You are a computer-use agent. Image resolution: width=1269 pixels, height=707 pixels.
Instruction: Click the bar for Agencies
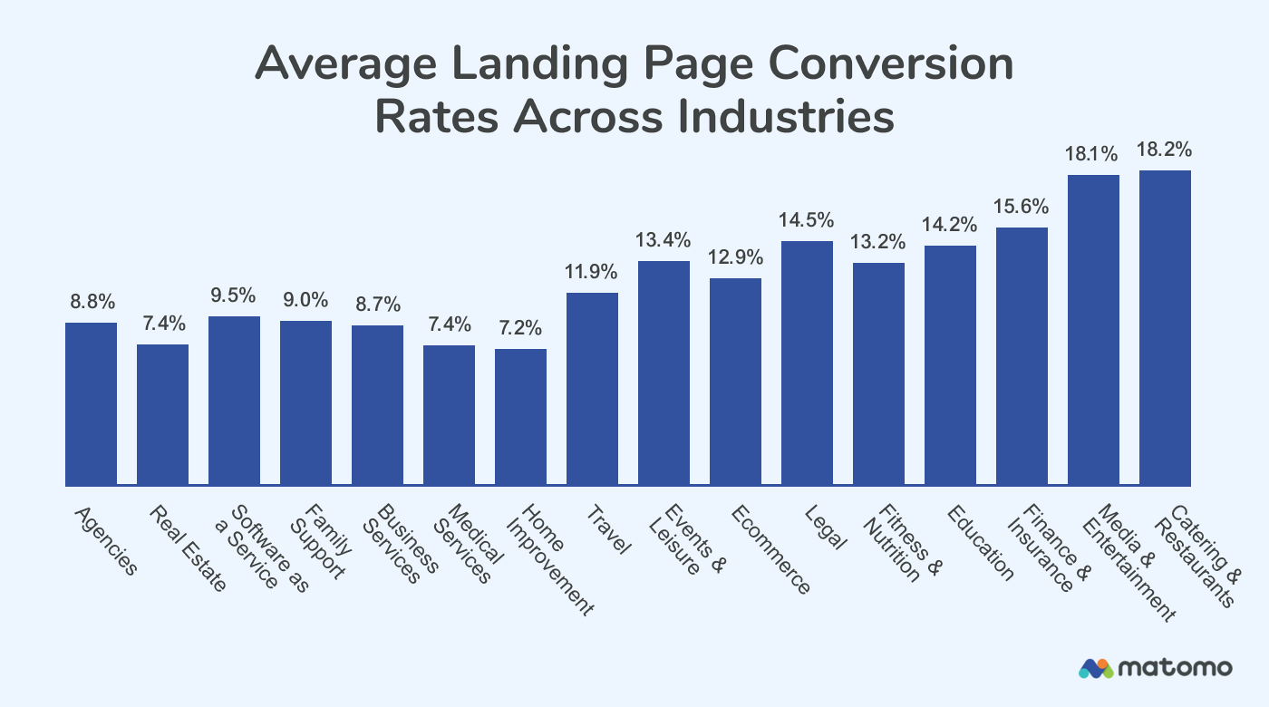(91, 403)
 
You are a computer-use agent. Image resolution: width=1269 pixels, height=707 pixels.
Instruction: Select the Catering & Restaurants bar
(1165, 327)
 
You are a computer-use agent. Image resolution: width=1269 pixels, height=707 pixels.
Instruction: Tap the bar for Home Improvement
(520, 417)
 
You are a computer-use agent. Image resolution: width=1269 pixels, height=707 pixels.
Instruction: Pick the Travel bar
(592, 389)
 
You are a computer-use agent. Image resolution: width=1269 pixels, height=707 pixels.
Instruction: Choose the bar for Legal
(807, 363)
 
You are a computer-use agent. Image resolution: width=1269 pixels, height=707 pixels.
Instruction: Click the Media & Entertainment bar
(1093, 330)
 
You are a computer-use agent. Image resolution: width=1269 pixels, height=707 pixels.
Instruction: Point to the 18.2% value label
(1165, 150)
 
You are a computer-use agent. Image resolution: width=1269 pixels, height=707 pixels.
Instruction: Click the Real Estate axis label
(186, 549)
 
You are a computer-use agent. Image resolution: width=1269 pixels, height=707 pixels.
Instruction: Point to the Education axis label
(979, 542)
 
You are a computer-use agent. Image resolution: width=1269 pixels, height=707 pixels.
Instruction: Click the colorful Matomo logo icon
(1095, 668)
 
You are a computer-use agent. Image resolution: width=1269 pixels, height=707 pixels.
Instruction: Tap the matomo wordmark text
(1175, 668)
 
